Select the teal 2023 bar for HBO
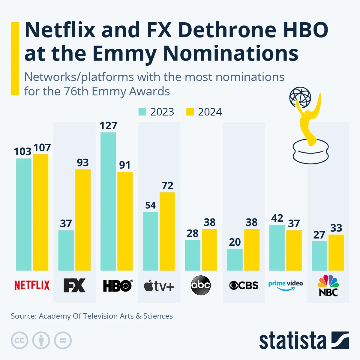tap(108, 201)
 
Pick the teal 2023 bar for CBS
tap(235, 259)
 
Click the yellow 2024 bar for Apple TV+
tap(167, 231)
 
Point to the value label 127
tap(108, 126)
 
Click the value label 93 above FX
tap(83, 163)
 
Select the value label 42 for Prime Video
tap(277, 218)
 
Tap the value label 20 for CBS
tap(235, 242)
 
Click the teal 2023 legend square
tap(142, 112)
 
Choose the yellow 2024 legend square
tap(190, 112)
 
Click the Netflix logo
tap(32, 285)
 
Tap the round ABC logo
tap(201, 285)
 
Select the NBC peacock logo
tap(328, 285)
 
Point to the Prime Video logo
tap(285, 285)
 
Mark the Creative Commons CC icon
tap(19, 340)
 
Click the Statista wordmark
tap(292, 341)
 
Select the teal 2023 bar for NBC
tap(319, 256)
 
